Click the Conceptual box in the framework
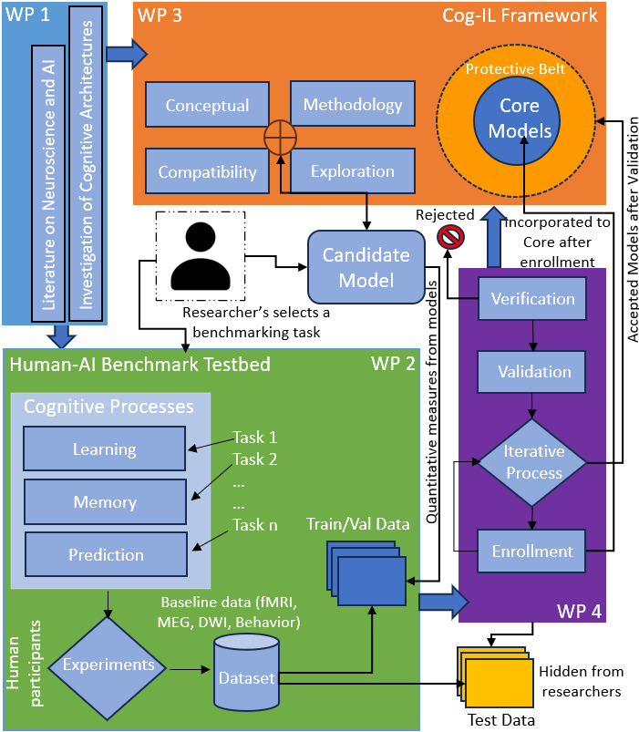tap(208, 106)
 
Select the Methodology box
tap(353, 104)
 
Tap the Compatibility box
tap(207, 171)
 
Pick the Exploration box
tap(353, 170)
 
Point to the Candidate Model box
tap(366, 266)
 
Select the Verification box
tap(533, 299)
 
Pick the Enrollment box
tap(532, 551)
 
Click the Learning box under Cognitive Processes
tap(104, 449)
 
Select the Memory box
tap(105, 502)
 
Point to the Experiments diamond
tap(108, 665)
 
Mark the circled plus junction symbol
tap(281, 138)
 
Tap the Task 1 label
tap(254, 436)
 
